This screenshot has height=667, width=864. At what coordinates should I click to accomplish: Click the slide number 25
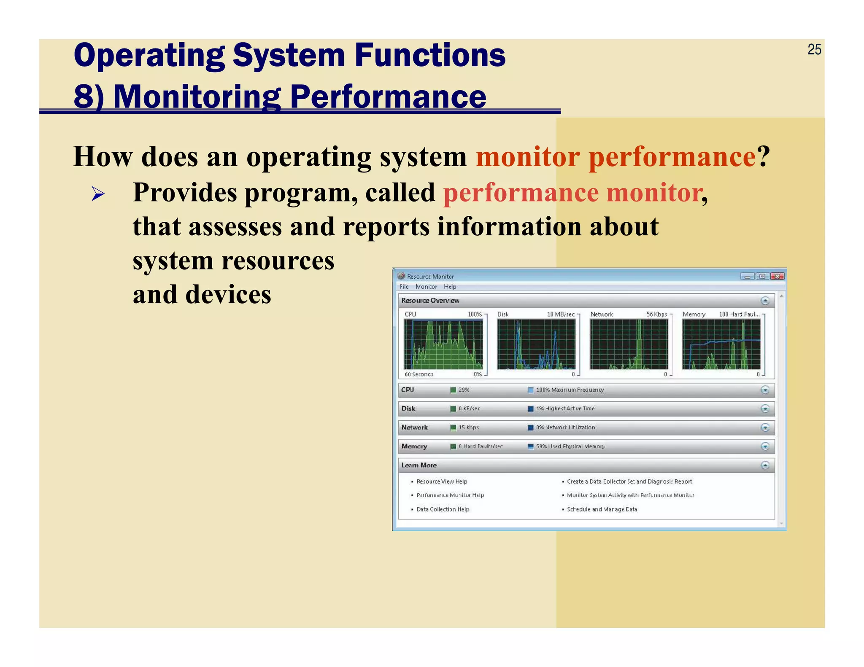[814, 50]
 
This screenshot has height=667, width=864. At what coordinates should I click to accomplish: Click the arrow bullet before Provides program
[98, 194]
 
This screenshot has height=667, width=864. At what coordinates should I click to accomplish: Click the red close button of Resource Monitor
[777, 277]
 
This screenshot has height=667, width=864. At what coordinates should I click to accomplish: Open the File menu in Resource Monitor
[404, 287]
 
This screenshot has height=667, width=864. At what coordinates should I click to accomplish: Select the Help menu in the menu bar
[450, 287]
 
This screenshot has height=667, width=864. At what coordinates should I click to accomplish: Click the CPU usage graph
[443, 344]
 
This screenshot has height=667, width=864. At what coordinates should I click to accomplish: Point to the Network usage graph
[629, 344]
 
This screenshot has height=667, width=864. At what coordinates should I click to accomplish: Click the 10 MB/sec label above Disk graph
[561, 315]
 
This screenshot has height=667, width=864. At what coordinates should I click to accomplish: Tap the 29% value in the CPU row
[464, 390]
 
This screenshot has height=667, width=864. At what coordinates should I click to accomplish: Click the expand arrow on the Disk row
[765, 409]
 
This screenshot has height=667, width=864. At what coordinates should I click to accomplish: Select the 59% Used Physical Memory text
[570, 446]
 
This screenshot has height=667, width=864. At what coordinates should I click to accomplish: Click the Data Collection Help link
[443, 509]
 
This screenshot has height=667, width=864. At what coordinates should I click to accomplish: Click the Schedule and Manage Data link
[602, 509]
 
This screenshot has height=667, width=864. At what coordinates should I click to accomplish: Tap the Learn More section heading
[419, 465]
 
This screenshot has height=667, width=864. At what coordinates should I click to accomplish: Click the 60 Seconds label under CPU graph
[418, 374]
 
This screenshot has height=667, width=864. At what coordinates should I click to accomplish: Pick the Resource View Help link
[442, 481]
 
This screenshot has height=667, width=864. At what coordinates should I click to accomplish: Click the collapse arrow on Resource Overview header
[765, 301]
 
